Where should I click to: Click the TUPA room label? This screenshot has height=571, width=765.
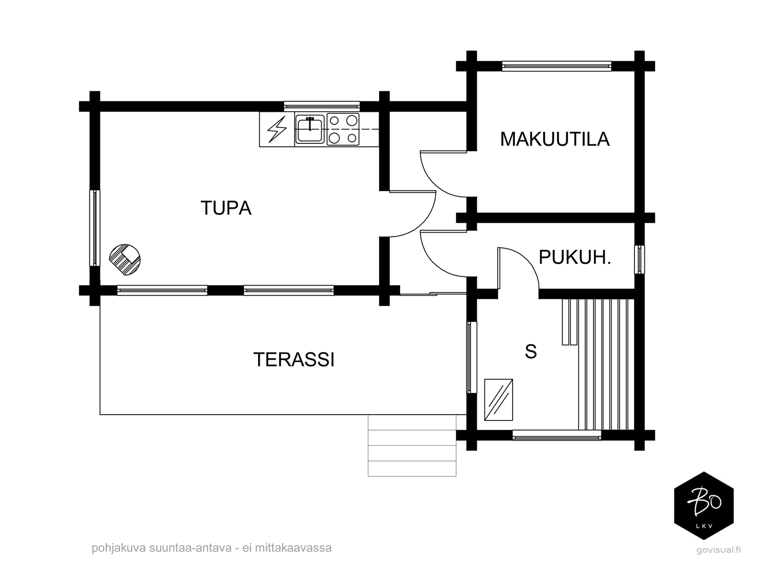pos(226,208)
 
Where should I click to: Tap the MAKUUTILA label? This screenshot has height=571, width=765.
pos(555,139)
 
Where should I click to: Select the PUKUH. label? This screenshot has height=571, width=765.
pos(575,258)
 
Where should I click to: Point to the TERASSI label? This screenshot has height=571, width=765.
pos(294,360)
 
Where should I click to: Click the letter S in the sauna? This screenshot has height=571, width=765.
pos(531,352)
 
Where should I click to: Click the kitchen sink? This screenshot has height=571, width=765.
pos(309,129)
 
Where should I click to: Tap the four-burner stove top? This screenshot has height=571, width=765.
pos(343,129)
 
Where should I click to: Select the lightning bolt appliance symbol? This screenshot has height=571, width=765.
pos(277,129)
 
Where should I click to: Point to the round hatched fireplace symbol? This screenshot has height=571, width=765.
pos(125,260)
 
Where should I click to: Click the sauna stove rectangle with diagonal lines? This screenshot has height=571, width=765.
pos(498,399)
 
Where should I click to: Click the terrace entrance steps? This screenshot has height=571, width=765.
pos(412,445)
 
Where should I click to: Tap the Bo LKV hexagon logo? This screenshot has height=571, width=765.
pos(704,506)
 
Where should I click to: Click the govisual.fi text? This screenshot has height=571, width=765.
pos(718,550)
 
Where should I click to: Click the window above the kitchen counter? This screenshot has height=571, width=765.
pos(322,106)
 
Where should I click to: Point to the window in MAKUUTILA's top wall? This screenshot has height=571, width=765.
pos(557,66)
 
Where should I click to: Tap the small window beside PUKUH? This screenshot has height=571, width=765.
pos(639,259)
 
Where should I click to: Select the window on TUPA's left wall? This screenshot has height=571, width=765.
pos(95,228)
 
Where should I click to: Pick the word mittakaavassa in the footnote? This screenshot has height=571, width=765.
pos(293,548)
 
